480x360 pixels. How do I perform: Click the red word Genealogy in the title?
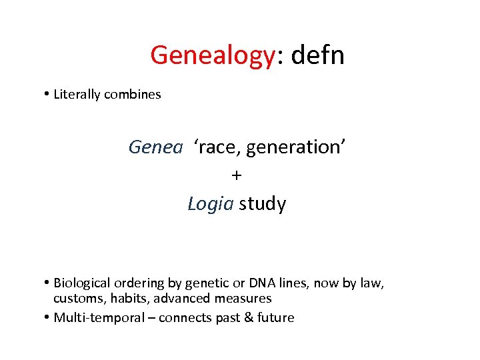tap(212, 55)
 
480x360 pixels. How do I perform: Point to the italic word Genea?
tap(155, 147)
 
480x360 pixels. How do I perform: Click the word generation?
tap(293, 147)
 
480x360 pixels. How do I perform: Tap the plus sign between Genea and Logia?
tap(237, 176)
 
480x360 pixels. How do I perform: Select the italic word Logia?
tap(211, 204)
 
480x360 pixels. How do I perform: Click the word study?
tap(263, 204)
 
